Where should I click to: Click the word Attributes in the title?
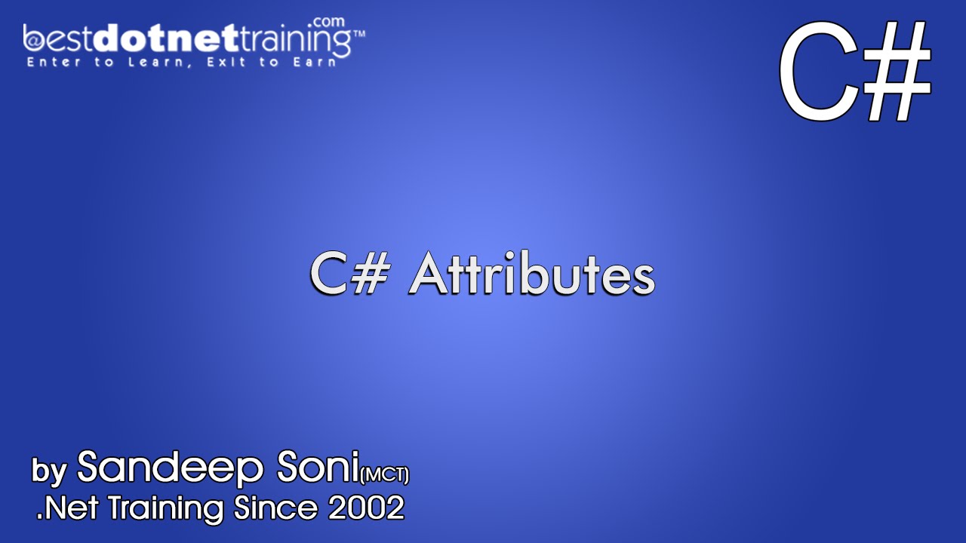click(x=531, y=276)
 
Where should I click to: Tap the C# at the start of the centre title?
click(x=349, y=276)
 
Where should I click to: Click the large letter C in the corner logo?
click(x=819, y=73)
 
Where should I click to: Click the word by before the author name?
click(x=49, y=470)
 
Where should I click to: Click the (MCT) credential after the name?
click(x=385, y=475)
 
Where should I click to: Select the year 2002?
click(x=366, y=509)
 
